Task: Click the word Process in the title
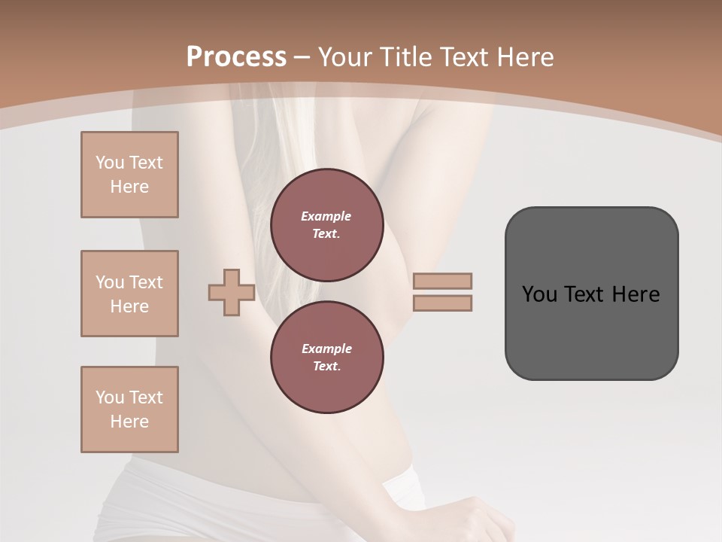click(236, 56)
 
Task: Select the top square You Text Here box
click(129, 175)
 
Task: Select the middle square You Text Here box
click(129, 294)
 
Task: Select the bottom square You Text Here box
click(129, 410)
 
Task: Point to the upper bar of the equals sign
click(442, 281)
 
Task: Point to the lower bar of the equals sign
click(442, 303)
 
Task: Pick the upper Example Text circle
click(326, 224)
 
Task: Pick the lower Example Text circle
click(326, 357)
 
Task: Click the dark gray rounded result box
click(591, 331)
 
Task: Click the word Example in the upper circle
click(326, 216)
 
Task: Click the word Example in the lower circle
click(326, 349)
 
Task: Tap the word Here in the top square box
click(129, 187)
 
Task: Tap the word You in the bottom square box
click(110, 397)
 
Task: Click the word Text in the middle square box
click(145, 282)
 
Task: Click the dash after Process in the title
click(302, 57)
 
